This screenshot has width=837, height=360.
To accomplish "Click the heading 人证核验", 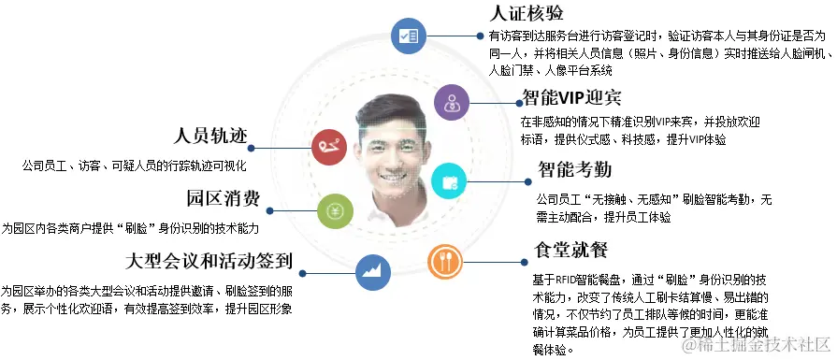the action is point(527,13).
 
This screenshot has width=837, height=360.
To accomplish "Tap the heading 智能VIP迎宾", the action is point(571,97).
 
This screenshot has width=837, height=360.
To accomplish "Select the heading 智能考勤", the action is point(574,170).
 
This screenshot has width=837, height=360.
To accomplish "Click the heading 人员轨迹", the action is point(209,135).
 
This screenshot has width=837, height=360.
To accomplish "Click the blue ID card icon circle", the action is point(408,35).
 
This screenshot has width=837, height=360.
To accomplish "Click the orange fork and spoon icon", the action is point(444,262).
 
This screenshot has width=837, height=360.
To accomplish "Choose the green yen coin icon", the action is point(334,210).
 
